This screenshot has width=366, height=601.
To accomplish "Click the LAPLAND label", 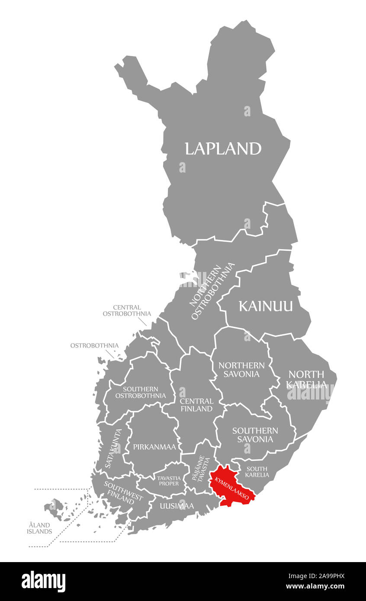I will (x=223, y=148).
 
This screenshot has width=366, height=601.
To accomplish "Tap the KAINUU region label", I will (x=266, y=306).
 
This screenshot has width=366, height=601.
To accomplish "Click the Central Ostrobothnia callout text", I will (x=127, y=310).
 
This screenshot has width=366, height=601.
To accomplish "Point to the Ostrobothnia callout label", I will (x=94, y=345).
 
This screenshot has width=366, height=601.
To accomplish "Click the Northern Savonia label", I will (x=241, y=370).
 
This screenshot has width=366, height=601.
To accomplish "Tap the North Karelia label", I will (x=306, y=379).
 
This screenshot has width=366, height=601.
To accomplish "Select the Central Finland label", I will (x=196, y=405).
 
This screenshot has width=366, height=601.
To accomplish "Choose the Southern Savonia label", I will (x=255, y=435).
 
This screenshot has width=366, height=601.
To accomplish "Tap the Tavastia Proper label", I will (x=168, y=480).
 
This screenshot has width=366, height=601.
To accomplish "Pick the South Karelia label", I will (x=257, y=472).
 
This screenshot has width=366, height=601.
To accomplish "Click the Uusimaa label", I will (x=177, y=505).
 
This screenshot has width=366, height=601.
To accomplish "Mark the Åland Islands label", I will (x=39, y=528).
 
